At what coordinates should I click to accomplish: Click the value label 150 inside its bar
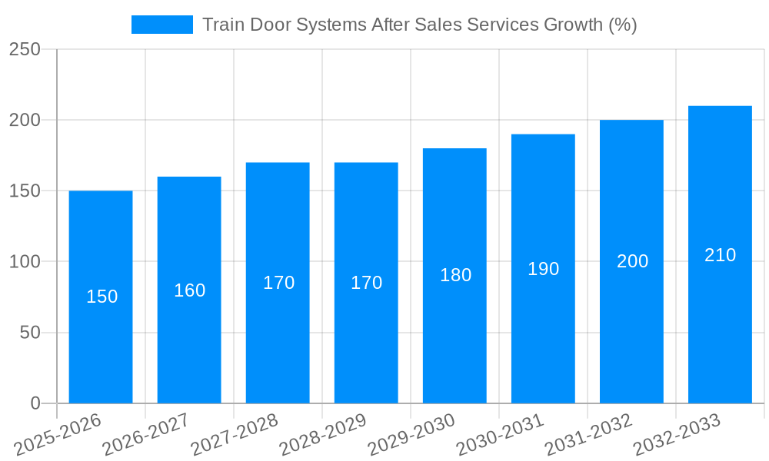click(x=102, y=297)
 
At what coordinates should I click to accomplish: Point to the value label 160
click(x=189, y=290)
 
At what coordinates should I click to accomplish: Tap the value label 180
click(x=455, y=275)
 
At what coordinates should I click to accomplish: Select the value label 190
click(x=543, y=269)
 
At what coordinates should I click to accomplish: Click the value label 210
click(x=720, y=255)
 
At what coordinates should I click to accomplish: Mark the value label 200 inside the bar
click(x=632, y=261)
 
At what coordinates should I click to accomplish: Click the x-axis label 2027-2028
click(x=234, y=434)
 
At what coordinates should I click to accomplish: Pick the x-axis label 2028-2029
click(x=322, y=434)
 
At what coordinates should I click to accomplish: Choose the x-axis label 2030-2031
click(x=499, y=434)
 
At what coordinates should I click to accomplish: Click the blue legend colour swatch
click(x=161, y=25)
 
